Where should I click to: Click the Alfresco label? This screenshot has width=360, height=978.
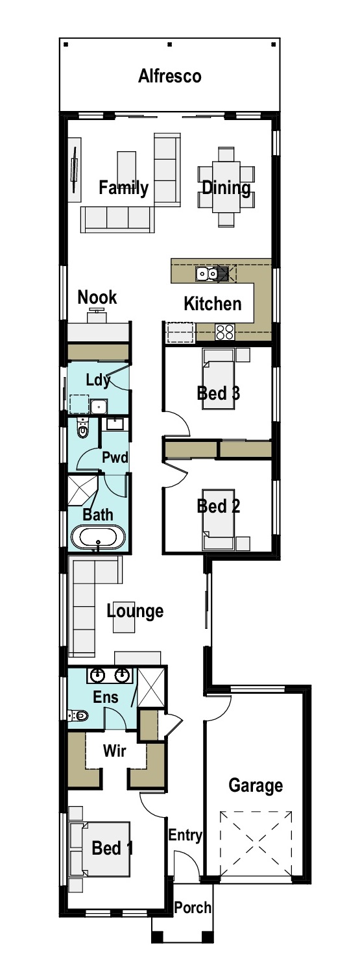click(170, 76)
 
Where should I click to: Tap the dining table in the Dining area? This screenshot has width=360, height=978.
click(226, 188)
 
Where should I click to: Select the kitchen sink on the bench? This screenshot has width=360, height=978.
click(206, 274)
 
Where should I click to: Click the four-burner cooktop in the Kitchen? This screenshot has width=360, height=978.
click(224, 332)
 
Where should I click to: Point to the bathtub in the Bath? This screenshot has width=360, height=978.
click(98, 537)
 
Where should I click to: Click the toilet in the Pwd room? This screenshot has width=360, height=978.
click(82, 428)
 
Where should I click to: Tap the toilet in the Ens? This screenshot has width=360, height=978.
click(78, 715)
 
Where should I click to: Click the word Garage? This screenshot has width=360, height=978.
click(256, 785)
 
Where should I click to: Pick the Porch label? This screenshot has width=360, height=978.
click(193, 908)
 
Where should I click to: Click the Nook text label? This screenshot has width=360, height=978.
click(97, 297)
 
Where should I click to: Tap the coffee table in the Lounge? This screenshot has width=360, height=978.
click(125, 621)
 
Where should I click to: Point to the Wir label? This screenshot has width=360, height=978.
click(114, 750)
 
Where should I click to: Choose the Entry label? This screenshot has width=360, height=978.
click(185, 835)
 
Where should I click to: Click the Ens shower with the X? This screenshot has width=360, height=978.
click(150, 687)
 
